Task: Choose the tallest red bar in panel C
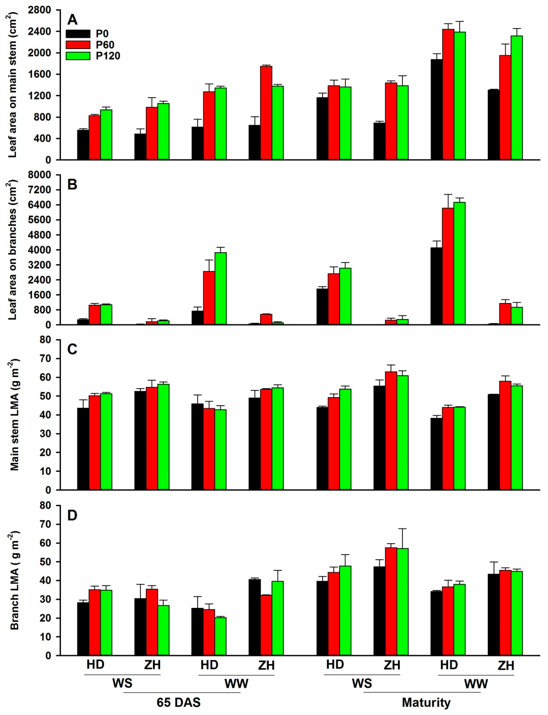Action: (x=391, y=430)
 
